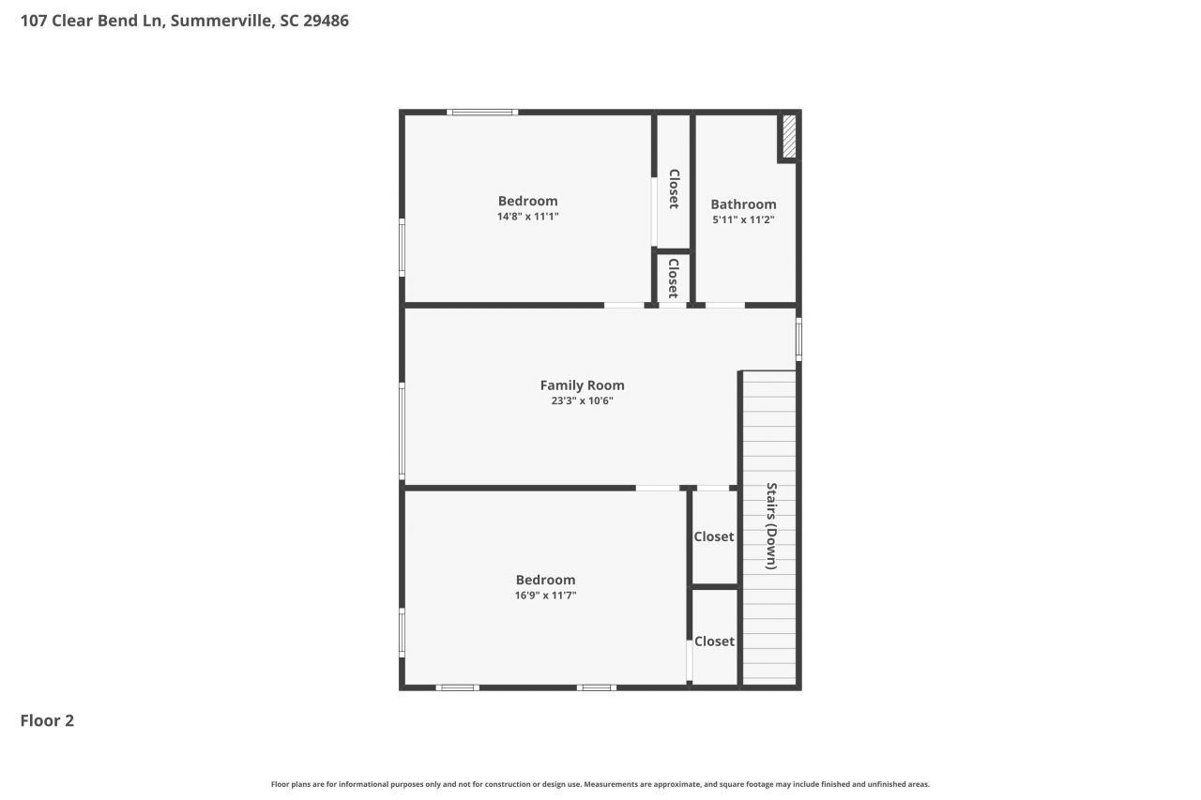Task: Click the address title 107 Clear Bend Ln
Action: click(x=184, y=20)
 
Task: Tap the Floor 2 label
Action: click(x=47, y=720)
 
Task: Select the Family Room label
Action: click(x=582, y=385)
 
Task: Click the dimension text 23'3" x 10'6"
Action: click(x=582, y=400)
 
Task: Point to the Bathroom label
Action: click(x=743, y=204)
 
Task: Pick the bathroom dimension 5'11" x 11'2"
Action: click(x=743, y=219)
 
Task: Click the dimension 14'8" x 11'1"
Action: click(x=527, y=216)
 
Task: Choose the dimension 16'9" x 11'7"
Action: click(x=545, y=595)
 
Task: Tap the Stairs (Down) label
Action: click(x=771, y=526)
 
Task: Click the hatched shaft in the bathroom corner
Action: click(x=789, y=137)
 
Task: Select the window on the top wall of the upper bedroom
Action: click(x=482, y=113)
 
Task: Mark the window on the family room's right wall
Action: click(x=798, y=340)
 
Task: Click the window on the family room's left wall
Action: click(x=403, y=431)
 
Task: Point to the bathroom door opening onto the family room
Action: click(x=724, y=305)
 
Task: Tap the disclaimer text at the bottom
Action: click(x=600, y=784)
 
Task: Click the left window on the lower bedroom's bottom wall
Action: click(x=457, y=687)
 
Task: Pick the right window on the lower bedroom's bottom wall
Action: click(x=597, y=687)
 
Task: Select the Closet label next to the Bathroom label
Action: click(x=674, y=188)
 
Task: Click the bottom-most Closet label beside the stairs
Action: click(x=714, y=641)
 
